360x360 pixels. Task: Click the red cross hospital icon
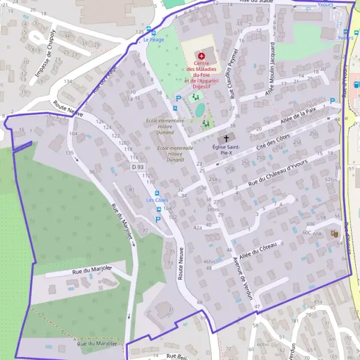pyautogui.click(x=202, y=55)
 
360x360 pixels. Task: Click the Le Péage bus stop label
pyautogui.click(x=154, y=40)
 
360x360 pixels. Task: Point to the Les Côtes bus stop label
pyautogui.click(x=157, y=200)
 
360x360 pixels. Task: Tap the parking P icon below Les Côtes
pyautogui.click(x=158, y=220)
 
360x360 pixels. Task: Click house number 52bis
pyautogui.click(x=331, y=179)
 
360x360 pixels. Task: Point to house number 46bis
pyautogui.click(x=209, y=262)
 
